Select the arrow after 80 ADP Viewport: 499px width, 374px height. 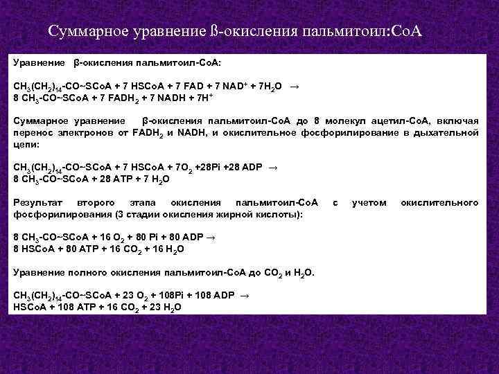211,237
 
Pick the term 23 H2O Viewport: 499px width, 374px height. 166,307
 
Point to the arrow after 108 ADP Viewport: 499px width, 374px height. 242,295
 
